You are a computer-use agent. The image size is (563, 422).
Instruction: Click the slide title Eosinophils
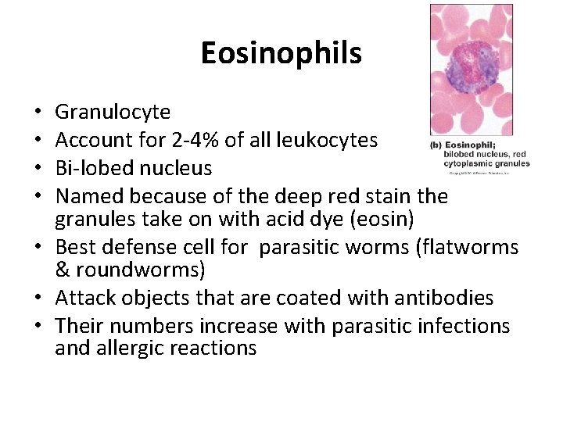[281, 53]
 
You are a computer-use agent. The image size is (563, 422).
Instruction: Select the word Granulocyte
[113, 113]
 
